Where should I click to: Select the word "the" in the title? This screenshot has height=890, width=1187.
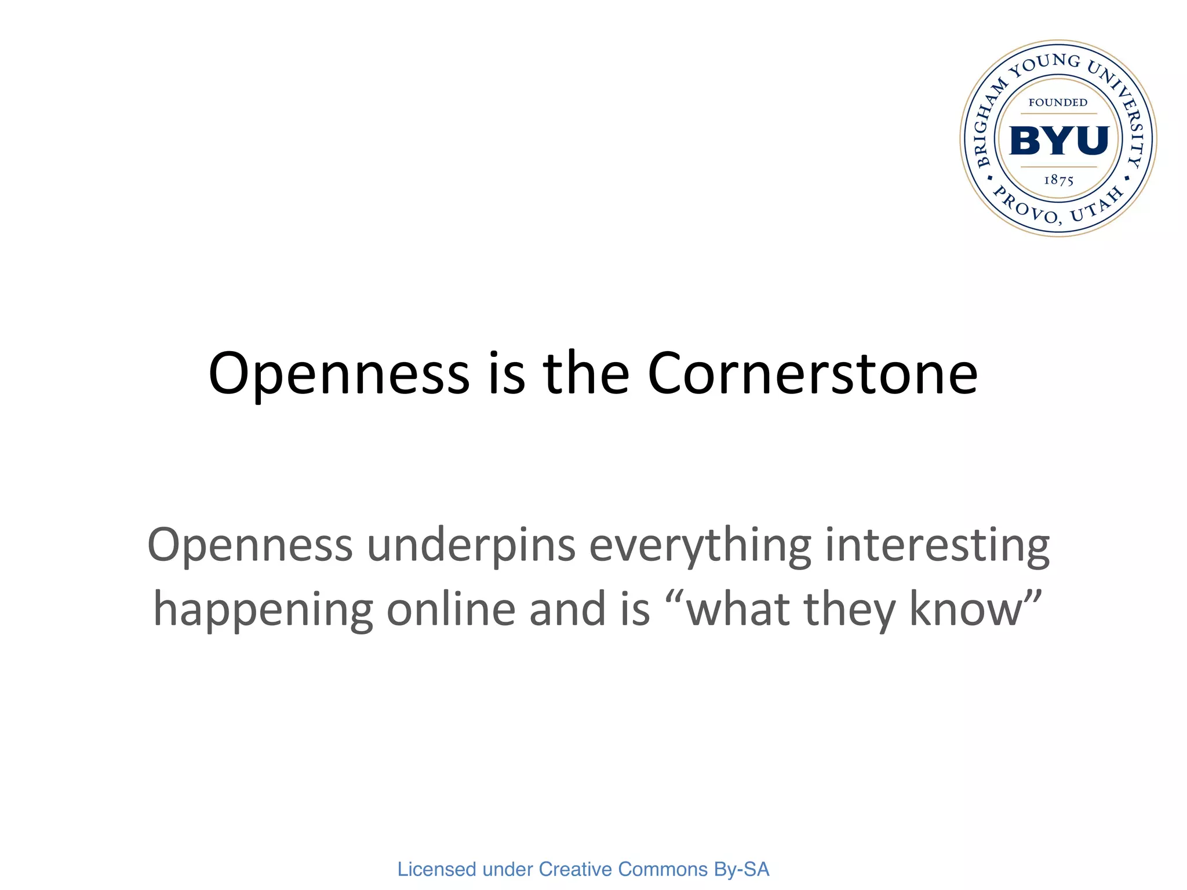click(586, 374)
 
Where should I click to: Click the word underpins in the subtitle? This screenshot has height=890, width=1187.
click(471, 546)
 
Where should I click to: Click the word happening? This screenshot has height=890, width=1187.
click(263, 611)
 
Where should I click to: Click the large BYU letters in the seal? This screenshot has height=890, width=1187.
click(1059, 141)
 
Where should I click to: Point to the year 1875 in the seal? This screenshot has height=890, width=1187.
click(1059, 180)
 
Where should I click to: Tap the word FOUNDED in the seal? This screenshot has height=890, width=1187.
click(1058, 103)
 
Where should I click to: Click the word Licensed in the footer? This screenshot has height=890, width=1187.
click(436, 869)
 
